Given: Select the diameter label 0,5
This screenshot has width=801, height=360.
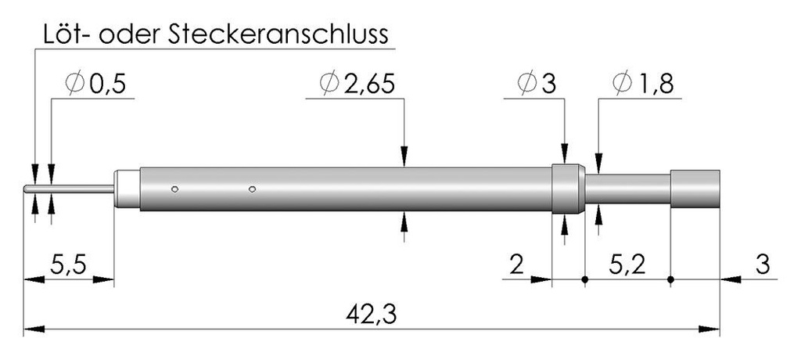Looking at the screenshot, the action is [x=107, y=85].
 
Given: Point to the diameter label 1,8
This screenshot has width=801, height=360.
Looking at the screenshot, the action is [x=656, y=85].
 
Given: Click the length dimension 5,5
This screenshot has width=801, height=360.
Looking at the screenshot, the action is [x=68, y=266].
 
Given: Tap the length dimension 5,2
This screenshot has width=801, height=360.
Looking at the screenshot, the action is [x=627, y=266].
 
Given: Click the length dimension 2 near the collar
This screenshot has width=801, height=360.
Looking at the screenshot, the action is [x=517, y=266].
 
